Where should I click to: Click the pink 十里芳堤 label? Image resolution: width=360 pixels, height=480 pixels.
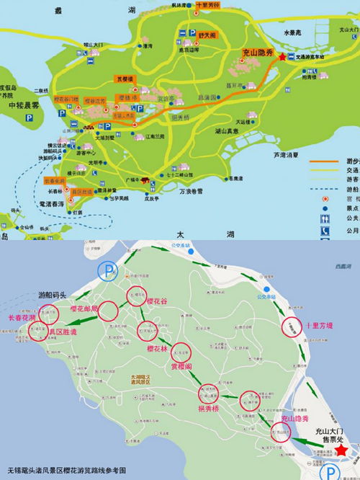(x=318, y=326)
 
